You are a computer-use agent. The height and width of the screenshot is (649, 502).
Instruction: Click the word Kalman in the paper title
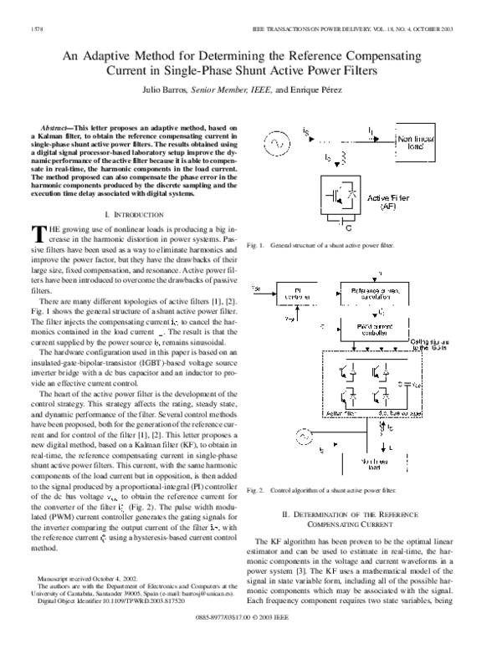[x=251, y=55]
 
